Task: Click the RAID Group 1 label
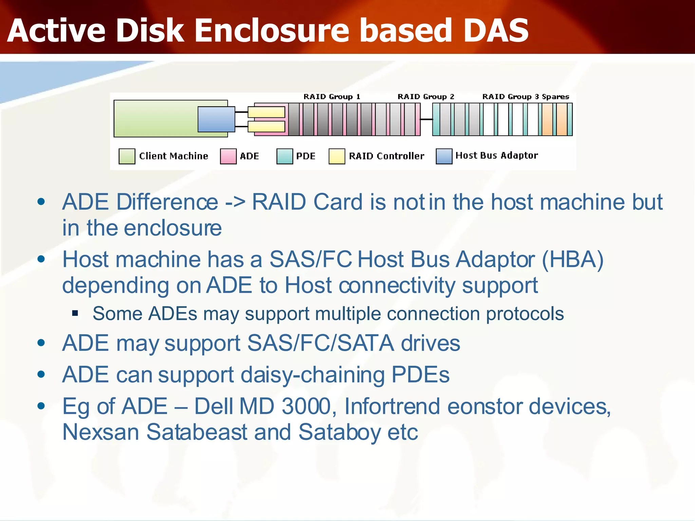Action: tap(332, 97)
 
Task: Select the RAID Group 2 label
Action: tap(426, 97)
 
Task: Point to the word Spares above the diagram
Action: tap(555, 97)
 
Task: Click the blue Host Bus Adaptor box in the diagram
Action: tap(216, 119)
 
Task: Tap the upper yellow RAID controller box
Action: tap(266, 112)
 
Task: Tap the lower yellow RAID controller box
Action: tap(266, 127)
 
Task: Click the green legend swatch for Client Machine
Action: tap(127, 156)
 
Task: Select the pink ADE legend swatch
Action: tap(228, 156)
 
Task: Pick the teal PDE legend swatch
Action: tap(284, 156)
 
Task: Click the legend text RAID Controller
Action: tap(386, 156)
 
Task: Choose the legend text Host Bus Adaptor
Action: tap(496, 155)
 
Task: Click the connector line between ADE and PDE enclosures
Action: tap(426, 119)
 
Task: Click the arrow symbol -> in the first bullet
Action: tap(235, 202)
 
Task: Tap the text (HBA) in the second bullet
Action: tap(573, 260)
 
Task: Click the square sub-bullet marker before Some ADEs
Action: tap(75, 313)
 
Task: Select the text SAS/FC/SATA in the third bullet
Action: tap(320, 343)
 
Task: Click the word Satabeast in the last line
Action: tap(197, 432)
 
